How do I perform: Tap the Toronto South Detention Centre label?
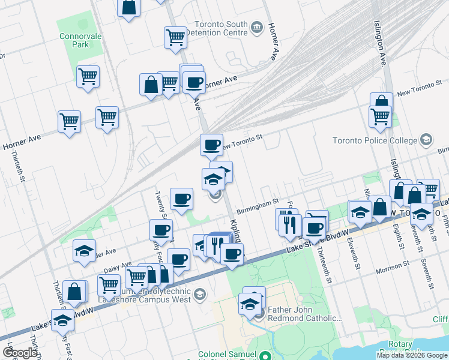coord(217,29)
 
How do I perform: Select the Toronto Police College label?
coord(375,141)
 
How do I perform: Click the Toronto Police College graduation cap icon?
coord(426,140)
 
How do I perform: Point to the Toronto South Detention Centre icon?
coord(257,26)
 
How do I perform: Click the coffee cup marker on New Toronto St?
coord(211,145)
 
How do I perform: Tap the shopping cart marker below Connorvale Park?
coord(88,77)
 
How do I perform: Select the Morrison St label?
coord(393,265)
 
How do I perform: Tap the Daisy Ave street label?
coord(118,266)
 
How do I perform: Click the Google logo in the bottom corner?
coord(20,353)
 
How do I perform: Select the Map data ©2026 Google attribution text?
coord(412,355)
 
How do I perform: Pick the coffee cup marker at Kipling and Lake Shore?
coord(231,254)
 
